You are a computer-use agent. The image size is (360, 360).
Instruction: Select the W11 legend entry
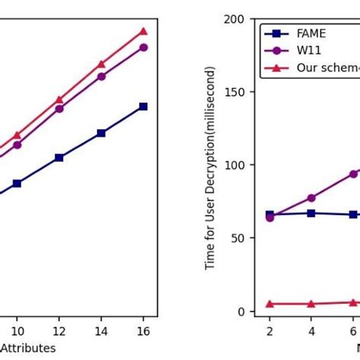[307, 51]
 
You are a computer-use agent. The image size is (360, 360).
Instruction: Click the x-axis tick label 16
[143, 331]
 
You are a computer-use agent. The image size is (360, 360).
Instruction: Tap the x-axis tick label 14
[101, 331]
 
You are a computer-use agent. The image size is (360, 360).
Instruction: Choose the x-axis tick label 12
[59, 331]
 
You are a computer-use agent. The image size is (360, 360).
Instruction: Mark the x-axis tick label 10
[17, 331]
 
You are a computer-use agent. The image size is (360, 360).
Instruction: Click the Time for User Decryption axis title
[211, 167]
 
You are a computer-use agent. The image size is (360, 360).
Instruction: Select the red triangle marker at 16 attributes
[143, 31]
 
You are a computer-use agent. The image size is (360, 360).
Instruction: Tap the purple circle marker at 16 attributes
[143, 47]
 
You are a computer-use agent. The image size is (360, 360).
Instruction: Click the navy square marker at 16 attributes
[143, 106]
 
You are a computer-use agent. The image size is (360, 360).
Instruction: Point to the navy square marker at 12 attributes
[59, 157]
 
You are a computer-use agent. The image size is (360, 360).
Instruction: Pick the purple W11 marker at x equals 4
[311, 198]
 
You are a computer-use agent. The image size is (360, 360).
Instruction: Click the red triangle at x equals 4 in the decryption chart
[311, 304]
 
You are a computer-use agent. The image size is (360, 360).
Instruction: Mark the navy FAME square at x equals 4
[311, 213]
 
